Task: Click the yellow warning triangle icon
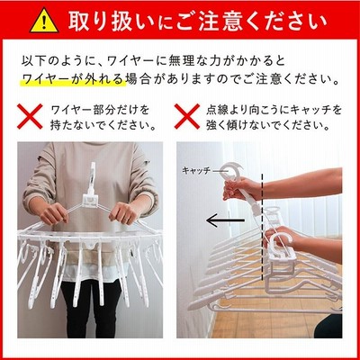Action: point(44,22)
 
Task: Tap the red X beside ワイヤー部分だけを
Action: point(30,116)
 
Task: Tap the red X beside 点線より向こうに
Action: point(187,116)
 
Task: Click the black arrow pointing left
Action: point(225,220)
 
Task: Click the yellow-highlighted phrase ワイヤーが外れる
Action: point(73,79)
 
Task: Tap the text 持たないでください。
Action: point(103,125)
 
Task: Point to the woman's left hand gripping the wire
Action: point(123,213)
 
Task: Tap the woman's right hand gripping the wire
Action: point(54,213)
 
